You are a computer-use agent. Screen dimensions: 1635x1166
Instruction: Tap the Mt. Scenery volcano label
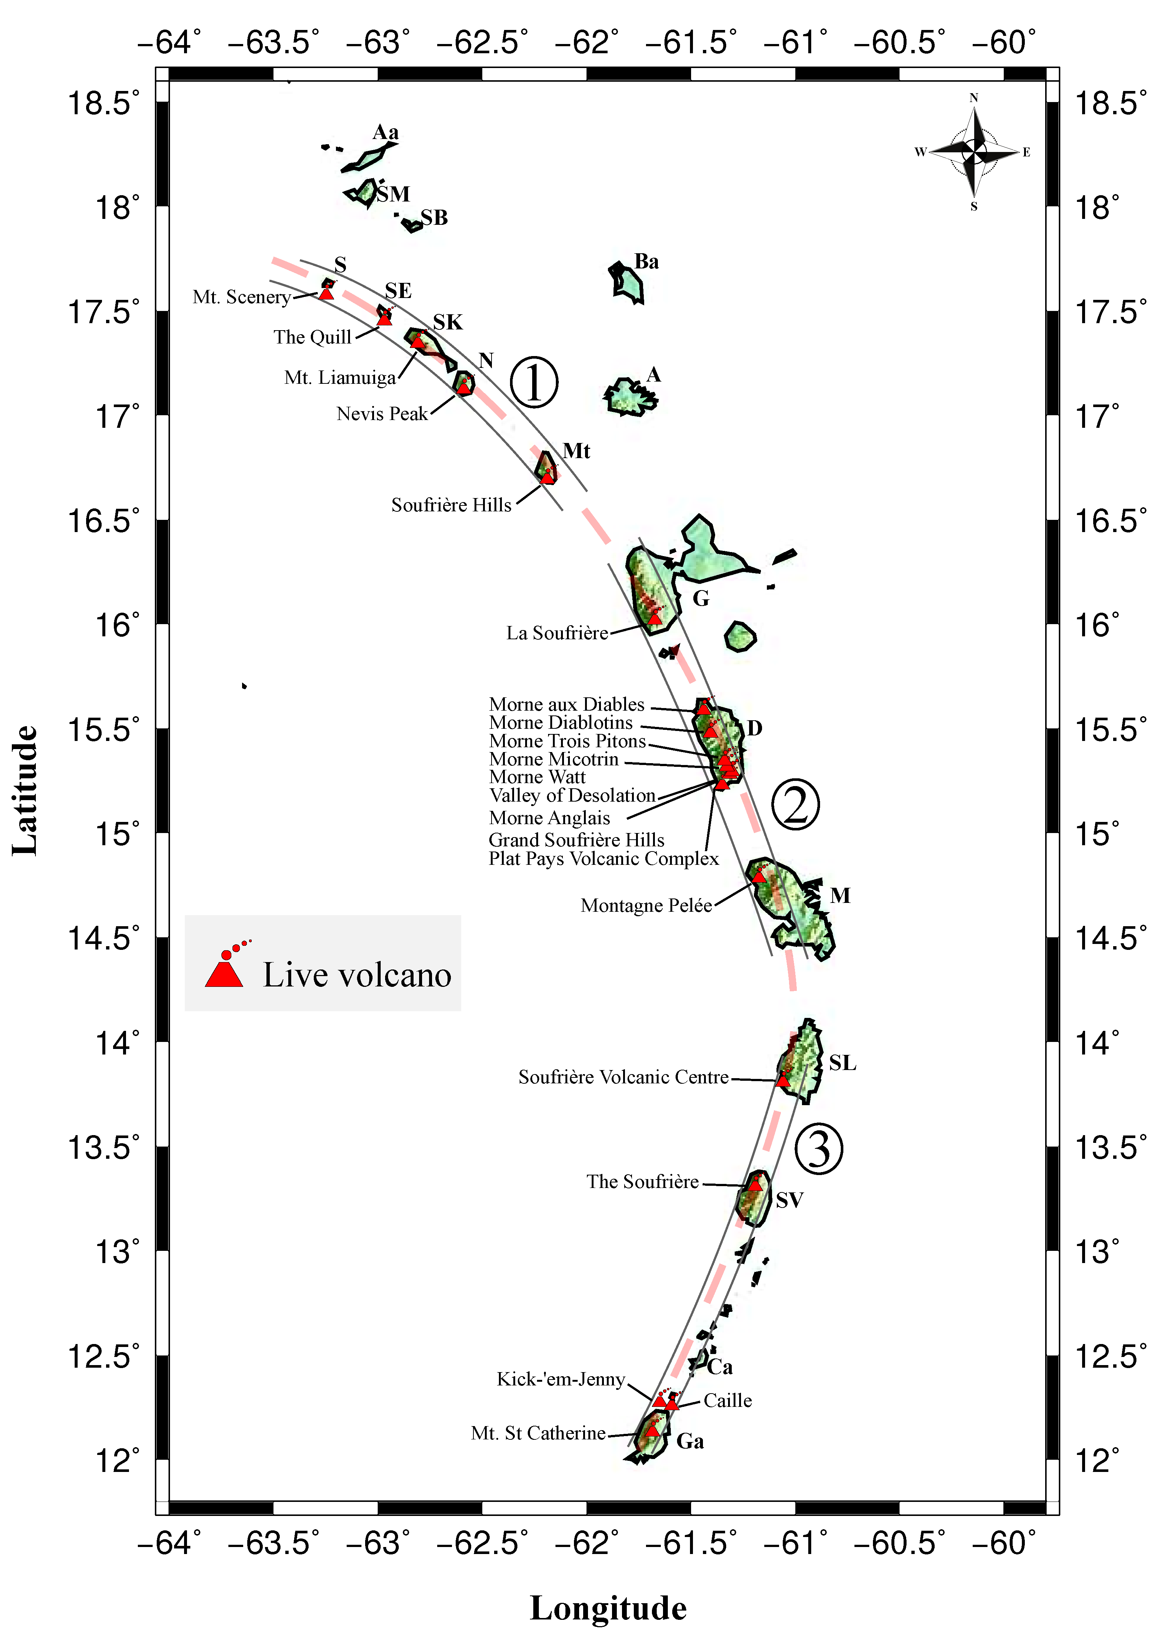[x=241, y=297]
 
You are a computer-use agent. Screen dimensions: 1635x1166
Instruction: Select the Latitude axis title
[x=24, y=790]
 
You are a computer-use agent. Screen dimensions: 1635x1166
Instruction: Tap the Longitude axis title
[x=608, y=1608]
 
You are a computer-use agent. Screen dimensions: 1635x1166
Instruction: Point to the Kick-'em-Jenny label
[x=561, y=1379]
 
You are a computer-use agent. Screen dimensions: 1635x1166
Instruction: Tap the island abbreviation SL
[x=842, y=1063]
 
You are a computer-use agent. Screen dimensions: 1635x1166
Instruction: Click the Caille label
[x=727, y=1401]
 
